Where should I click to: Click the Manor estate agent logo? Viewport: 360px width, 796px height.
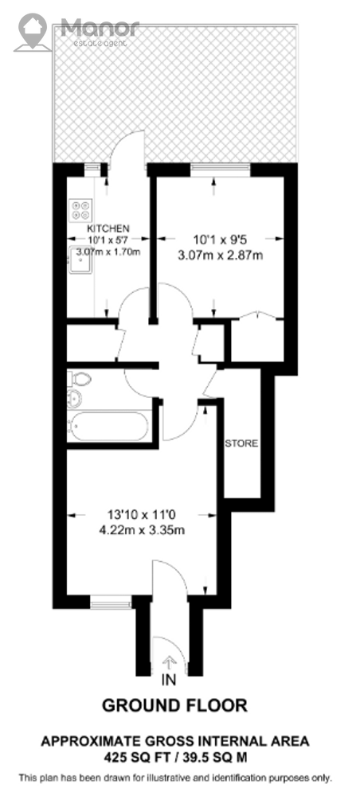tap(76, 32)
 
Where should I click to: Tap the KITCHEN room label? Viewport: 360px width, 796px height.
tap(108, 228)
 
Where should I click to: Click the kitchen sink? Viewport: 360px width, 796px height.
tap(80, 260)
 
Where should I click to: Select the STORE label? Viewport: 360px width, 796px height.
tap(241, 443)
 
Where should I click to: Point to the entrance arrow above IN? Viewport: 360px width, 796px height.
tap(169, 662)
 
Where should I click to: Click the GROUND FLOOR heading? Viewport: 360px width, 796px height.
tap(175, 705)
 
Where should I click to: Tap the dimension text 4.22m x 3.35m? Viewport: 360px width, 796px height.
tap(143, 531)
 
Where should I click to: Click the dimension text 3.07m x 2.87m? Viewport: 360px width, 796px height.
tap(221, 255)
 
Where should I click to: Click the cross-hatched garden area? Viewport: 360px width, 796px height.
tap(174, 94)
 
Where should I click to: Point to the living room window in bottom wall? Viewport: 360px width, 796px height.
tap(111, 604)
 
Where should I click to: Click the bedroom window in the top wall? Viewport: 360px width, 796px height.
tap(221, 169)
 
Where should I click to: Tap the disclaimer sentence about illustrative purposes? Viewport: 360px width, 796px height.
tap(175, 778)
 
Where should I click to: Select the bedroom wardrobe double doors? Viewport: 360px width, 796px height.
tap(257, 316)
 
